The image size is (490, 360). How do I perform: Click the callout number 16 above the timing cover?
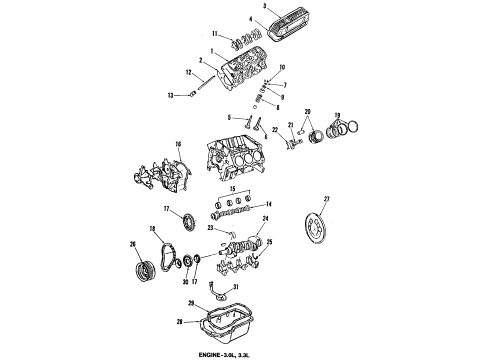(179, 145)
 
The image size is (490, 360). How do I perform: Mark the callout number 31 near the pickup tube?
(236, 290)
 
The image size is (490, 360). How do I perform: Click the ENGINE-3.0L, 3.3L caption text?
(244, 353)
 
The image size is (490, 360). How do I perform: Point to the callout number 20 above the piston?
(308, 111)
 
